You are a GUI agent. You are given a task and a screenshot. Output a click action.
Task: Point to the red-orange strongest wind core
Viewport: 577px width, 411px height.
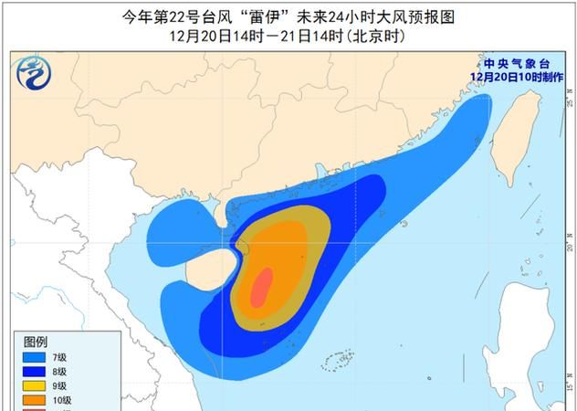[x=262, y=288]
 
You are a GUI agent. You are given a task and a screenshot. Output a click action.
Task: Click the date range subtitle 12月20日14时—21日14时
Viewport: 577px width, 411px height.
[x=288, y=37]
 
